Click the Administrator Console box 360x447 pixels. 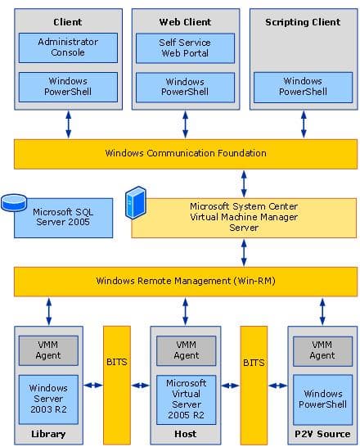click(68, 47)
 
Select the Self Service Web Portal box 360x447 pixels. click(185, 47)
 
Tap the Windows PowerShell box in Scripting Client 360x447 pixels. click(302, 87)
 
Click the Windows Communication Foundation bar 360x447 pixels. click(186, 153)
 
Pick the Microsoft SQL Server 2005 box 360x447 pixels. click(64, 217)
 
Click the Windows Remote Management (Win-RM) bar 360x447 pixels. click(186, 281)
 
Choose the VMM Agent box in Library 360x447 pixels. click(48, 350)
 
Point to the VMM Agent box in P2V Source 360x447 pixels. click(322, 350)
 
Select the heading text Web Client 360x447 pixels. click(185, 21)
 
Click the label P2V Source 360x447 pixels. click(322, 434)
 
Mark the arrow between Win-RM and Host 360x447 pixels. click(186, 311)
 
